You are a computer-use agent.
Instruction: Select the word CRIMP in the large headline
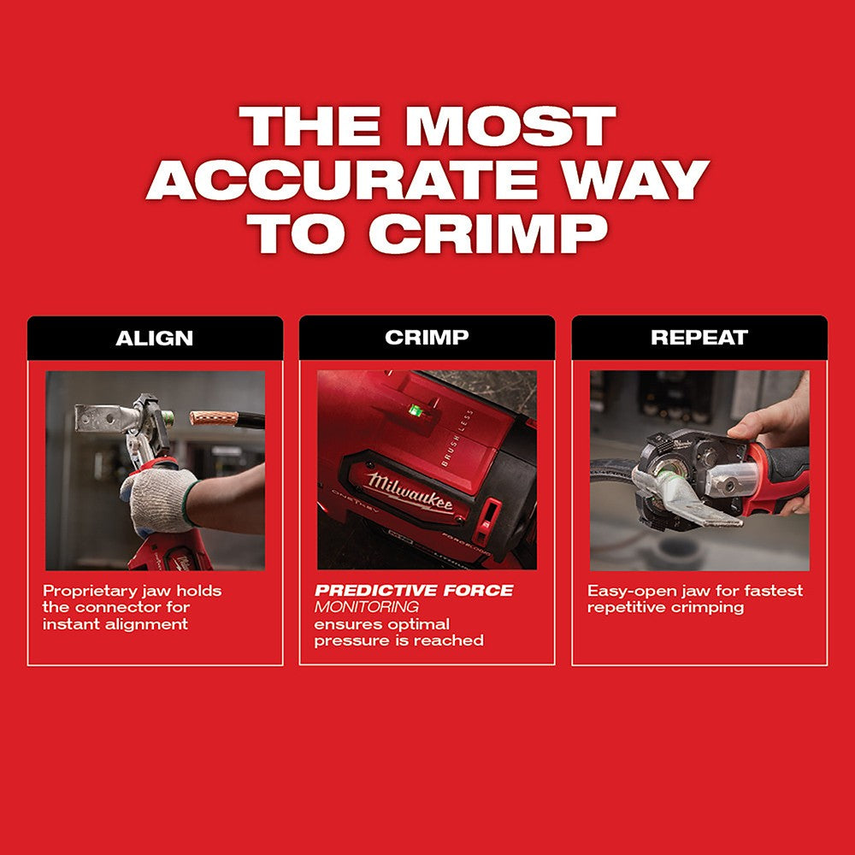tap(492, 233)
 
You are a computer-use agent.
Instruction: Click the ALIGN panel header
tap(155, 338)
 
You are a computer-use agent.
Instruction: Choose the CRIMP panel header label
tap(427, 338)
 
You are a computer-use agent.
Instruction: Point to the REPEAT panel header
tap(699, 338)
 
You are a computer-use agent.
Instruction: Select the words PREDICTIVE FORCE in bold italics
tap(414, 591)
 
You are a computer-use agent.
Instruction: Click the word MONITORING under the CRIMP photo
tap(366, 607)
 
